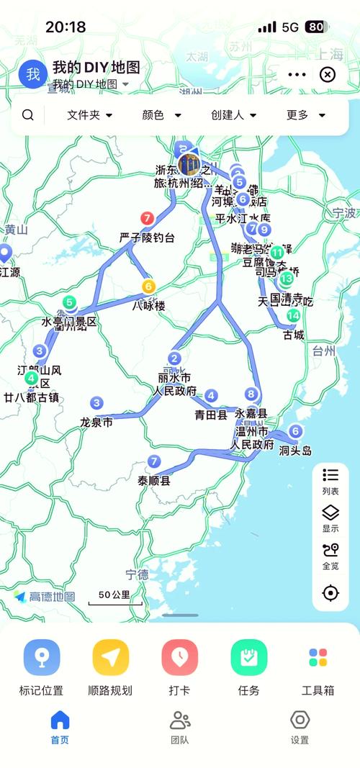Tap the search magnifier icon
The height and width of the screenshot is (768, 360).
coord(27,115)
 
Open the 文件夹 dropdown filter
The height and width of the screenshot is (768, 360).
coord(90,115)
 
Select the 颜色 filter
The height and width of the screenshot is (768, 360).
coord(162,115)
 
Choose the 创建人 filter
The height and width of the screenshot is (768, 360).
coord(234,115)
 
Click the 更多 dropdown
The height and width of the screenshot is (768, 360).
coord(306,115)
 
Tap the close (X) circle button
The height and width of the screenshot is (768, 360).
coord(328,74)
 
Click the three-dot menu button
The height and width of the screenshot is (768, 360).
coord(297,74)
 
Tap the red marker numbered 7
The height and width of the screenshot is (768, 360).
coord(148,217)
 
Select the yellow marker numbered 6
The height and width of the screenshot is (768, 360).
coord(148,286)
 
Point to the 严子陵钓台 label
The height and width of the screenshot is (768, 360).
coord(147,238)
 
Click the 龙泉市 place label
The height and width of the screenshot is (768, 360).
coord(96,423)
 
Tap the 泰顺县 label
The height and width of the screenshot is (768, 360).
coord(154,481)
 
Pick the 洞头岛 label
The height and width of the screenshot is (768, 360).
coord(295,451)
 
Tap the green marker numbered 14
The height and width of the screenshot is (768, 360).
coord(293,316)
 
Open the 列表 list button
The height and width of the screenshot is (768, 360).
coord(330,482)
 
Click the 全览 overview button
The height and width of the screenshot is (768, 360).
coord(330,556)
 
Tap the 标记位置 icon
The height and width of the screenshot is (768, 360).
coord(41,658)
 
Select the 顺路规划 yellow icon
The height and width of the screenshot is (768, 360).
coord(110,658)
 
